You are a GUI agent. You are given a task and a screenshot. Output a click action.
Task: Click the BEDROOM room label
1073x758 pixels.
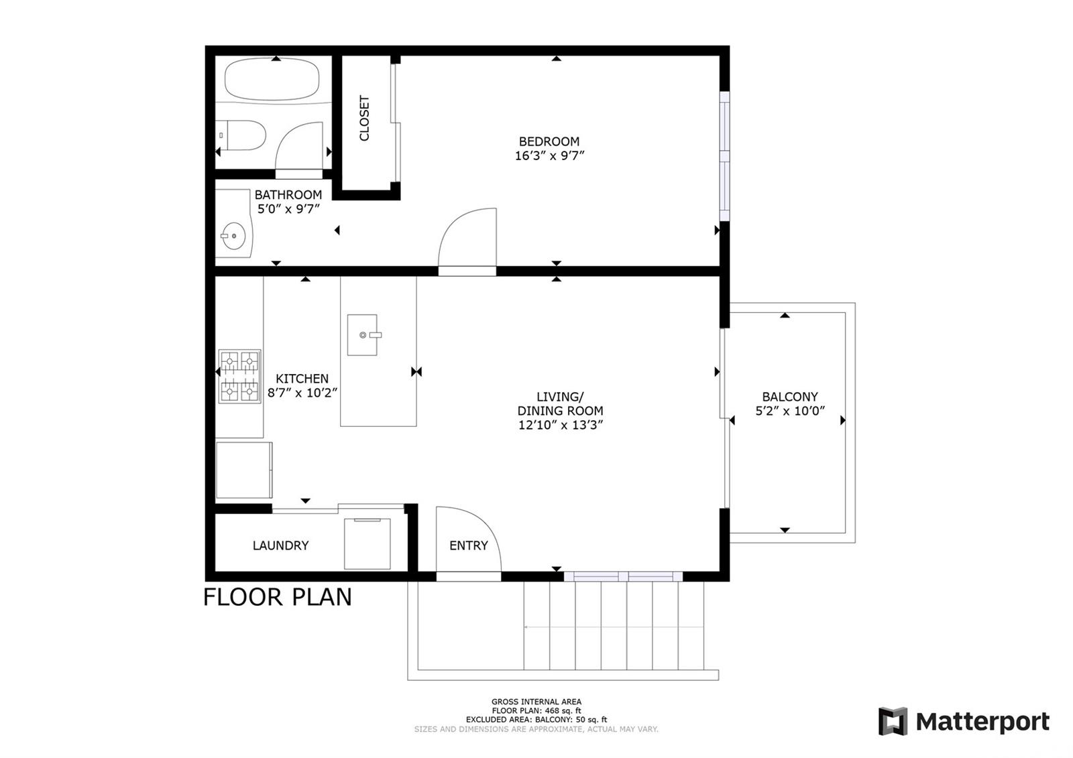pyautogui.click(x=549, y=141)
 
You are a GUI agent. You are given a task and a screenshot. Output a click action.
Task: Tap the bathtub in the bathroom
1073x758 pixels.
pyautogui.click(x=272, y=79)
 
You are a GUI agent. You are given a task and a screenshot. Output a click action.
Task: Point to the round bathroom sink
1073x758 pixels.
pyautogui.click(x=233, y=236)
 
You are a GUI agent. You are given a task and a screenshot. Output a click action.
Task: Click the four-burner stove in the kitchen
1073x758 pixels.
pyautogui.click(x=239, y=377)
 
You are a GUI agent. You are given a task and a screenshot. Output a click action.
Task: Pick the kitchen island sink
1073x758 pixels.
pyautogui.click(x=363, y=334)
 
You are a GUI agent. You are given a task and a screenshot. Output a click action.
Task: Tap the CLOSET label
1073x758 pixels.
pyautogui.click(x=365, y=118)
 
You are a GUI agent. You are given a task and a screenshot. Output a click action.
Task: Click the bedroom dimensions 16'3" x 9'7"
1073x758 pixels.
pyautogui.click(x=549, y=156)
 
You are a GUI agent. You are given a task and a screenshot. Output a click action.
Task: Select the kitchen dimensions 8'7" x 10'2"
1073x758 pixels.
pyautogui.click(x=302, y=393)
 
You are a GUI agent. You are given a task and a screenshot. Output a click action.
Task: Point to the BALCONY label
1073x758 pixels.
pyautogui.click(x=790, y=397)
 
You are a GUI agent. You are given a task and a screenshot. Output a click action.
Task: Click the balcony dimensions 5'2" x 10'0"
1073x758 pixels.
pyautogui.click(x=790, y=411)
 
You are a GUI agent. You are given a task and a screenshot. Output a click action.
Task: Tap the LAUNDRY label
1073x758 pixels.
pyautogui.click(x=281, y=546)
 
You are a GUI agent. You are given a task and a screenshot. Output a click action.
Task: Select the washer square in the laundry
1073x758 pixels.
pyautogui.click(x=368, y=544)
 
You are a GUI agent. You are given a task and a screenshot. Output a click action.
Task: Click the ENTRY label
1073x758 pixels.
pyautogui.click(x=469, y=546)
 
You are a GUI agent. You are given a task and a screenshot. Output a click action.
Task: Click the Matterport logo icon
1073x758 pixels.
pyautogui.click(x=893, y=720)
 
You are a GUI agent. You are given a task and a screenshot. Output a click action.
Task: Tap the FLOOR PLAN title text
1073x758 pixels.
pyautogui.click(x=278, y=597)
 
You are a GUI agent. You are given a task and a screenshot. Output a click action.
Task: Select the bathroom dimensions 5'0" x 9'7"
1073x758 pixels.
pyautogui.click(x=288, y=209)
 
